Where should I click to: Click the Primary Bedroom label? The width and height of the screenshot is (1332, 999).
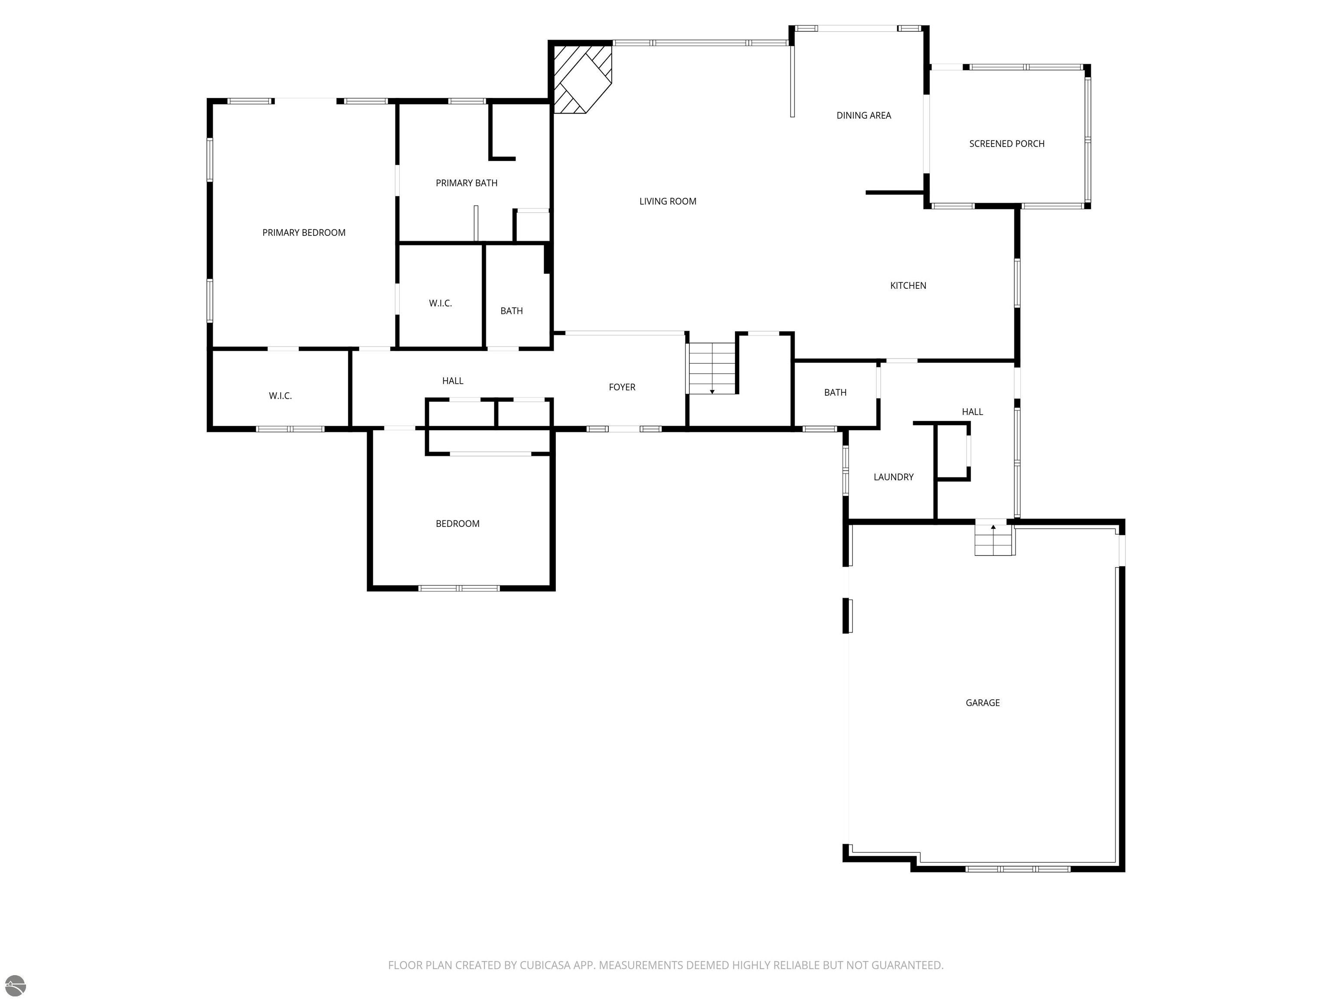pos(304,232)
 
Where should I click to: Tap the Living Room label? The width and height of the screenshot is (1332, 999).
pos(668,201)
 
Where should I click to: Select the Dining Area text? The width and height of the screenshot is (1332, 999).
pos(864,115)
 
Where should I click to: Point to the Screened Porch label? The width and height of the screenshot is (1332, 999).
pos(1007,144)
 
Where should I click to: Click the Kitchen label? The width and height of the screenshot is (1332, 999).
pos(908,285)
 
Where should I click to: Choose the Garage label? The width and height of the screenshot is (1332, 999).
pos(983,703)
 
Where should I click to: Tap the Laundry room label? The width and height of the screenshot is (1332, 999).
pos(894,477)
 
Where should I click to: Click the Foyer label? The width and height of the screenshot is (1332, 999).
pos(622,387)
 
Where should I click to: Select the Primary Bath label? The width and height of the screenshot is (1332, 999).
pos(467,183)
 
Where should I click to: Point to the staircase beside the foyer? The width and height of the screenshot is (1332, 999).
pos(712,369)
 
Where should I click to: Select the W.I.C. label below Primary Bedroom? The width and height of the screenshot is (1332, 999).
pos(280,395)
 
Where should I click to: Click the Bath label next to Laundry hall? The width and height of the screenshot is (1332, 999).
pos(835,392)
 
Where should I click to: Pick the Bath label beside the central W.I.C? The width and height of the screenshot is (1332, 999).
pos(511,311)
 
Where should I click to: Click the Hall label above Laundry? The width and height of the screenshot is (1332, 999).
pos(972,412)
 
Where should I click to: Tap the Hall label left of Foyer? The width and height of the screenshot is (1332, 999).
pos(453,381)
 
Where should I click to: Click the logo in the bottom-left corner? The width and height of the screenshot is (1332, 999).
pos(15,985)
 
